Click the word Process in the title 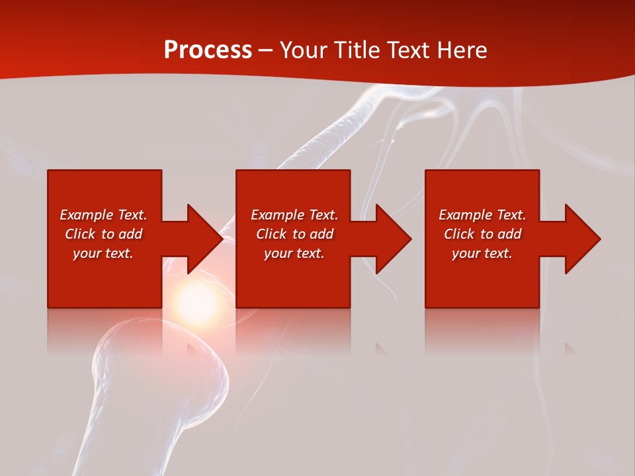[208, 50]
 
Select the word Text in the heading [409, 50]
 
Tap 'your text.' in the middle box [294, 253]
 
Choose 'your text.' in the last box [482, 253]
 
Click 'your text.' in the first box [103, 253]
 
